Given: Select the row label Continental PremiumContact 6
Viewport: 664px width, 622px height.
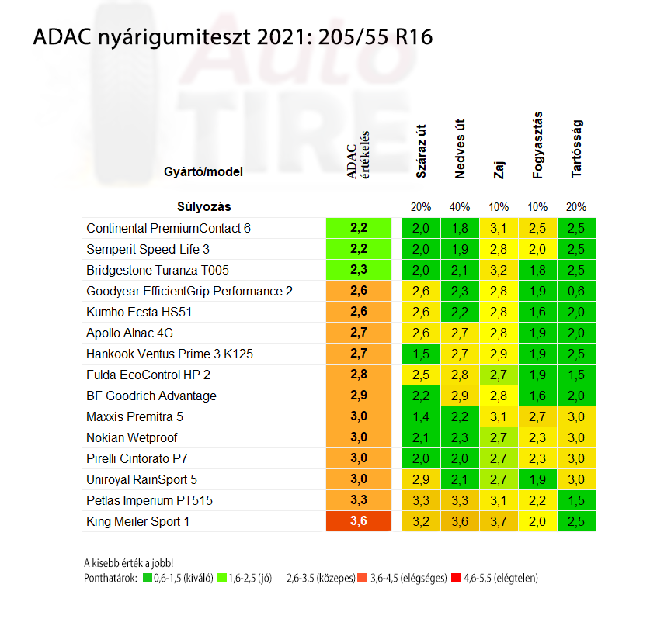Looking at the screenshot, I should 169,228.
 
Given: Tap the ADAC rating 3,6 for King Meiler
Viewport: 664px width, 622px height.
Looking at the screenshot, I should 358,521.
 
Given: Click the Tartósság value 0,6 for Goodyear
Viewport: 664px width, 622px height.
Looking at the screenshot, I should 576,291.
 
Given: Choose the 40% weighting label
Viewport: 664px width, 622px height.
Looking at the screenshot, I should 459,207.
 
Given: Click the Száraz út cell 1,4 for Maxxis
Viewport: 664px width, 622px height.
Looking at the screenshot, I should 421,416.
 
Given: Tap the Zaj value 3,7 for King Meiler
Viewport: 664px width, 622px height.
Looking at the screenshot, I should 499,521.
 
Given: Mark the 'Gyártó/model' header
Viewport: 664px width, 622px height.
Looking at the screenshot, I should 203,171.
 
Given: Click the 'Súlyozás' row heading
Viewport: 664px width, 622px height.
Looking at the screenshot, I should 204,207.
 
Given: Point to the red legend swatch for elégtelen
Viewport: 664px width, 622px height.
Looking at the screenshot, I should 457,578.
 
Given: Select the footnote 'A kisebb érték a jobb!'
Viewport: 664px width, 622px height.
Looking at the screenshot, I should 128,563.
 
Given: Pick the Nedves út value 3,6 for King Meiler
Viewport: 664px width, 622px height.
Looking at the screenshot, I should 459,521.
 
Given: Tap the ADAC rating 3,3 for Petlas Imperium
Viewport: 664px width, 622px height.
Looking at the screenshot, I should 358,500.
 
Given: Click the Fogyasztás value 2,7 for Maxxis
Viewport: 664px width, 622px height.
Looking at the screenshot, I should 537,416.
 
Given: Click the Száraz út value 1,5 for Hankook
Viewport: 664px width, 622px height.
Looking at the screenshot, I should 421,354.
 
